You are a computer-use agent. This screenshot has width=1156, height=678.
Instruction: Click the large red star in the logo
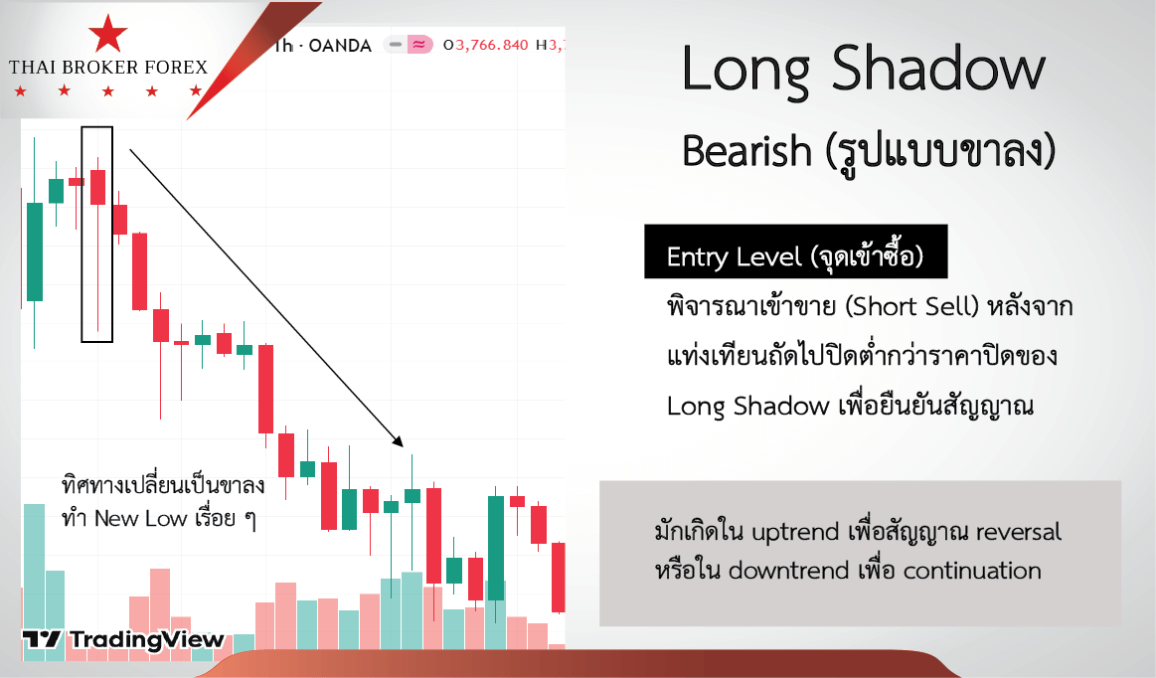pyautogui.click(x=107, y=33)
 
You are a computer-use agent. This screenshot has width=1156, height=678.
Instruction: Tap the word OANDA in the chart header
pyautogui.click(x=340, y=46)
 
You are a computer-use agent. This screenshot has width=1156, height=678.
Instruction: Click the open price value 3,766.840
pyautogui.click(x=492, y=45)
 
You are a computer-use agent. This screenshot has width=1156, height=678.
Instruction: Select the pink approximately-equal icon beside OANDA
pyautogui.click(x=419, y=45)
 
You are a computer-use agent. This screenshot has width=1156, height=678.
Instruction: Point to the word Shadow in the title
pyautogui.click(x=938, y=68)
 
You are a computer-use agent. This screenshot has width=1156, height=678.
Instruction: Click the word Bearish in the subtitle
pyautogui.click(x=746, y=151)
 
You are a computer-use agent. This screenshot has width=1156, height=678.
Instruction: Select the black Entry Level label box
pyautogui.click(x=795, y=252)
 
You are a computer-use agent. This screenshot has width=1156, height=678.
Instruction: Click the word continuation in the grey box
pyautogui.click(x=972, y=571)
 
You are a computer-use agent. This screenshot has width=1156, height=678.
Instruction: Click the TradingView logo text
pyautogui.click(x=147, y=639)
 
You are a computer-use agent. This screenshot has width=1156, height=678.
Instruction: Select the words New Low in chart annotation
pyautogui.click(x=140, y=519)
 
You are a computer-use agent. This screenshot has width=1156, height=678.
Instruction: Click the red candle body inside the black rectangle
pyautogui.click(x=98, y=187)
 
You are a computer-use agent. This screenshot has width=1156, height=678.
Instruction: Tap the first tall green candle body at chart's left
pyautogui.click(x=35, y=252)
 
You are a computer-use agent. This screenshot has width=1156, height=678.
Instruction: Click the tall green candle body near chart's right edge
pyautogui.click(x=496, y=548)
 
